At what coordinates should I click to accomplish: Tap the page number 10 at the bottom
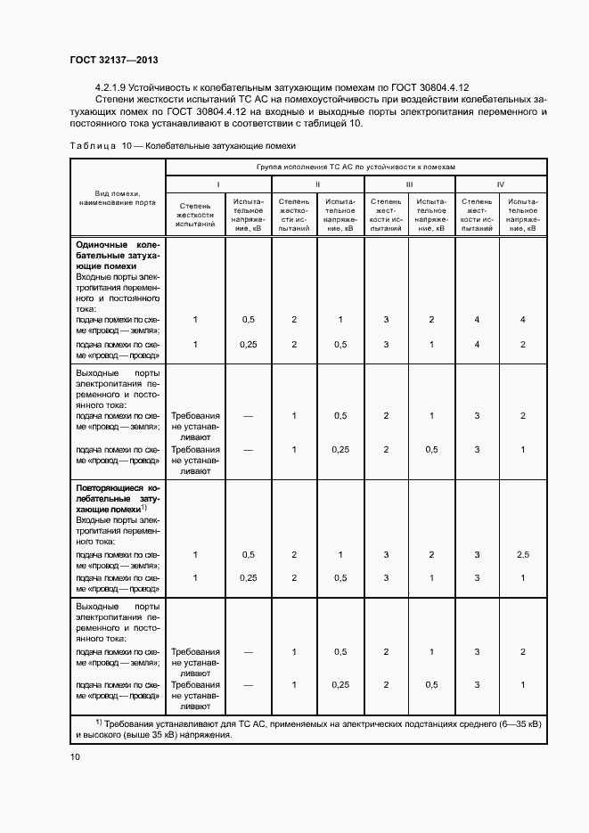point(75,756)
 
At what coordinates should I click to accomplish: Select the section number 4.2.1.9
point(110,88)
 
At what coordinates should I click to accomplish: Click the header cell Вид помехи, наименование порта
point(118,198)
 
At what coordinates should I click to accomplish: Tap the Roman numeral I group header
point(218,184)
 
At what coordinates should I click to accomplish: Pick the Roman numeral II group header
point(318,184)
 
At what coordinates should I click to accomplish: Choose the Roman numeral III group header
point(409,184)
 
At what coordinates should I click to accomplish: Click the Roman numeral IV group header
point(501,184)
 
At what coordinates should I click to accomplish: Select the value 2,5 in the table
point(523,554)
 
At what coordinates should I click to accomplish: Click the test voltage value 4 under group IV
point(523,319)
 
